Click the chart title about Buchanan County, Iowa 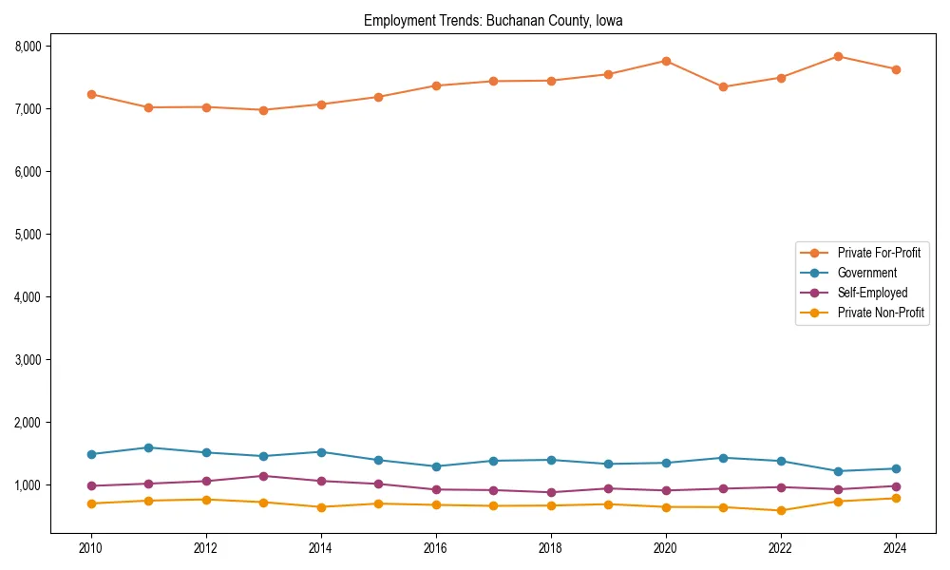pos(493,21)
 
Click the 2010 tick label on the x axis pos(91,548)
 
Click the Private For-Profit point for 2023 pos(838,56)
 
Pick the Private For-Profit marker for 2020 pos(666,61)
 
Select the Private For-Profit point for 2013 pos(263,110)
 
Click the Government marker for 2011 pos(149,447)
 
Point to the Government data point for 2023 pos(838,471)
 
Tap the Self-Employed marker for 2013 pos(263,476)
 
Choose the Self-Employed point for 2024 pos(896,486)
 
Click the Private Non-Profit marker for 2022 pos(781,511)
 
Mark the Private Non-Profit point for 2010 pos(91,503)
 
